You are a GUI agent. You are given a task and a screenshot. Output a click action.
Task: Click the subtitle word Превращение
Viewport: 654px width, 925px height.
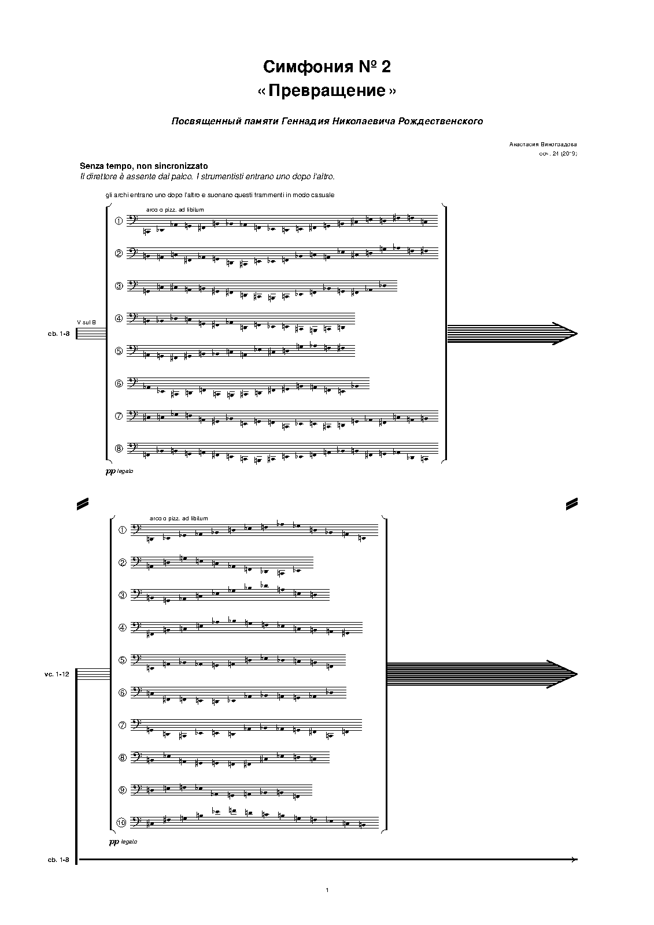pyautogui.click(x=327, y=91)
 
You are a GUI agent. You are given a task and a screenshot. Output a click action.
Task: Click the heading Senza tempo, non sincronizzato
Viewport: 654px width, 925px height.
pyautogui.click(x=144, y=166)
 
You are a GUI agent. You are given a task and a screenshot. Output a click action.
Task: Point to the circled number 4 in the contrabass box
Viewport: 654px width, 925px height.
pyautogui.click(x=119, y=318)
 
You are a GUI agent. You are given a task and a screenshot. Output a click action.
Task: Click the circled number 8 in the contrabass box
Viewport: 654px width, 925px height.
pyautogui.click(x=119, y=448)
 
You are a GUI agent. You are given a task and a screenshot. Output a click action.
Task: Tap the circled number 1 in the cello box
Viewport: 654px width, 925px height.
pyautogui.click(x=122, y=530)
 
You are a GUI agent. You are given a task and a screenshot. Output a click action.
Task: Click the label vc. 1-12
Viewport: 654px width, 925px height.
pyautogui.click(x=57, y=674)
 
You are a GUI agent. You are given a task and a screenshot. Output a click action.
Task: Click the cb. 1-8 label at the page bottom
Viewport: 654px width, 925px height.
pyautogui.click(x=59, y=860)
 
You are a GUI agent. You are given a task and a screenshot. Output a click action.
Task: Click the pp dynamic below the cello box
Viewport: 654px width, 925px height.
pyautogui.click(x=113, y=842)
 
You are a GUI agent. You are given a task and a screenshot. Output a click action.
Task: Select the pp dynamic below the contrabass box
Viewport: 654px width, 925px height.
pyautogui.click(x=110, y=472)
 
